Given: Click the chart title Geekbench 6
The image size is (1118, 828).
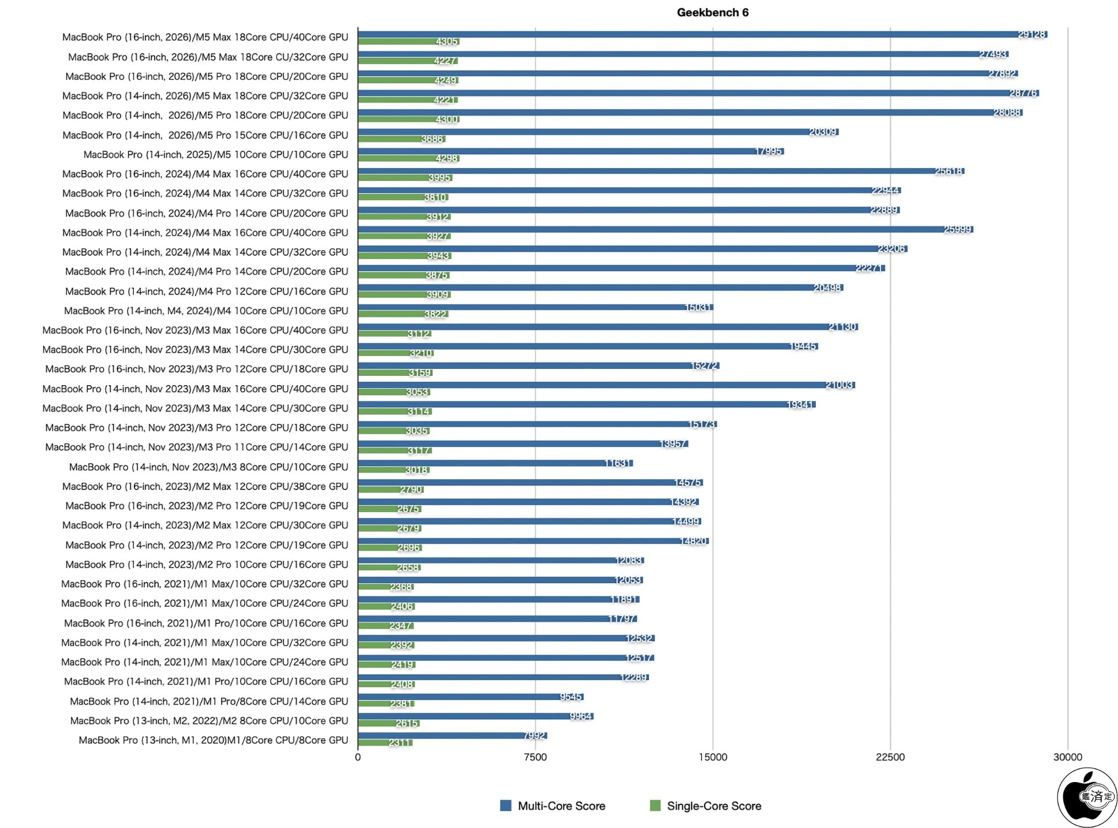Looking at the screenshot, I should (712, 12).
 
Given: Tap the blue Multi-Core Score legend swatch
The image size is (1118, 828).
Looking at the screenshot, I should (505, 805).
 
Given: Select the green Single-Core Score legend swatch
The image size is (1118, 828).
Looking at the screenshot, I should (655, 805).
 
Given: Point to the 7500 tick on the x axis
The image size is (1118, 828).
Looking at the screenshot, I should (535, 757).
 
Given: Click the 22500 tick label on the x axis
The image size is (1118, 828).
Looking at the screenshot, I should (890, 757).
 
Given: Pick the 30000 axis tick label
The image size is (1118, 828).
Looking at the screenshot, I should (1067, 757).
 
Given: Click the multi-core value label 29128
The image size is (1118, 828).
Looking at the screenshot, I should (1031, 34).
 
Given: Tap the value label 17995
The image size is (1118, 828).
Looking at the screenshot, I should (768, 151).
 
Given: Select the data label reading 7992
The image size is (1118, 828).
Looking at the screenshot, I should (534, 735).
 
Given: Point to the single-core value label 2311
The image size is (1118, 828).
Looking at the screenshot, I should (400, 742).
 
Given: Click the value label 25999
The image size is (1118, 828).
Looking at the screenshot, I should (958, 229).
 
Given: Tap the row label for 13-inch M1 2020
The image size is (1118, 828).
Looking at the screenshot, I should (213, 740).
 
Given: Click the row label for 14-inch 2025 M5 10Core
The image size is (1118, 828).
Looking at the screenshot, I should (215, 155).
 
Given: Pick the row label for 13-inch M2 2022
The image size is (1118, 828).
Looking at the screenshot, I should (209, 720).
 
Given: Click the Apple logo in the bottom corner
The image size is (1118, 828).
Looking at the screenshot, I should (1087, 797).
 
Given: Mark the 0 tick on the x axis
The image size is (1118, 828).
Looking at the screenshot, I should (358, 757).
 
